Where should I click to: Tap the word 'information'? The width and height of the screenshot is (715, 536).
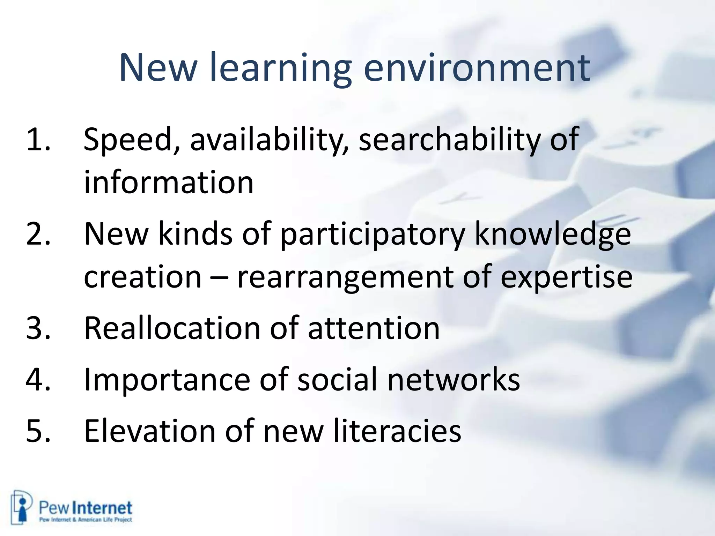pos(169,183)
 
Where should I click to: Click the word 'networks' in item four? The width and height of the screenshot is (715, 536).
pos(454,379)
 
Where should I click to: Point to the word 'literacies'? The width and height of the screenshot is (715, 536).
pos(397,431)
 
